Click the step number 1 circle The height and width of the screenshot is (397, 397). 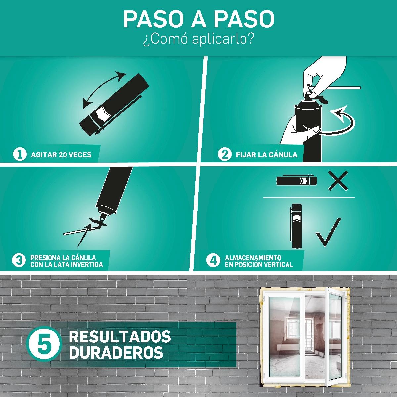[x=20, y=154]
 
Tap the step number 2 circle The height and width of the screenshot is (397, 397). [x=225, y=154]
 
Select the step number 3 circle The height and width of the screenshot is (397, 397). [x=19, y=260]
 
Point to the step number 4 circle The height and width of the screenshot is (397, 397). [x=213, y=260]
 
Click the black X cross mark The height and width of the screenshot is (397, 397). [x=338, y=181]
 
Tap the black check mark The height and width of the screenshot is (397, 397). [x=328, y=232]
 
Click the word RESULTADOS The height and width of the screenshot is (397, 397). [x=120, y=336]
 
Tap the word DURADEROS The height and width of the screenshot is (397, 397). [x=116, y=352]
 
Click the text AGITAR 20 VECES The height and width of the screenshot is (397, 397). [x=61, y=155]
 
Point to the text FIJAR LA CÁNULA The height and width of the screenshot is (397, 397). [x=267, y=154]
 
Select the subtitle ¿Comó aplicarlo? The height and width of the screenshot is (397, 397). [x=198, y=39]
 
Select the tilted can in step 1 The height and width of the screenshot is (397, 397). [x=114, y=105]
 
